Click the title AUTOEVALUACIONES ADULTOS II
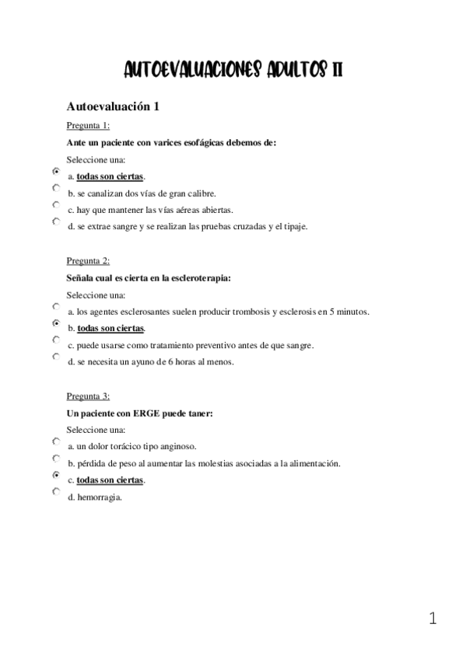[x=233, y=70]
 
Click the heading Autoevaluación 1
[x=114, y=107]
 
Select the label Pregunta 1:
[x=88, y=126]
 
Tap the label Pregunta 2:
[x=88, y=261]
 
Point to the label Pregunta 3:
[x=88, y=396]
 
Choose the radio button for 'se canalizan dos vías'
[x=56, y=189]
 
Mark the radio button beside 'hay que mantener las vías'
[x=56, y=205]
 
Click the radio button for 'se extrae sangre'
[x=56, y=222]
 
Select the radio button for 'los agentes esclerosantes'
[x=56, y=307]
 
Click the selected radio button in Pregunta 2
[x=56, y=323]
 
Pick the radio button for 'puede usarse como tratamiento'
[x=56, y=340]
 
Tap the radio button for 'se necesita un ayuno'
[x=56, y=357]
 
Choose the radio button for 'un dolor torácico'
[x=56, y=441]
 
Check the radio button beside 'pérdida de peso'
[x=56, y=459]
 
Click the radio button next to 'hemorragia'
[x=56, y=492]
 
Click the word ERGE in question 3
[x=146, y=413]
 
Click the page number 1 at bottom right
[x=433, y=619]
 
